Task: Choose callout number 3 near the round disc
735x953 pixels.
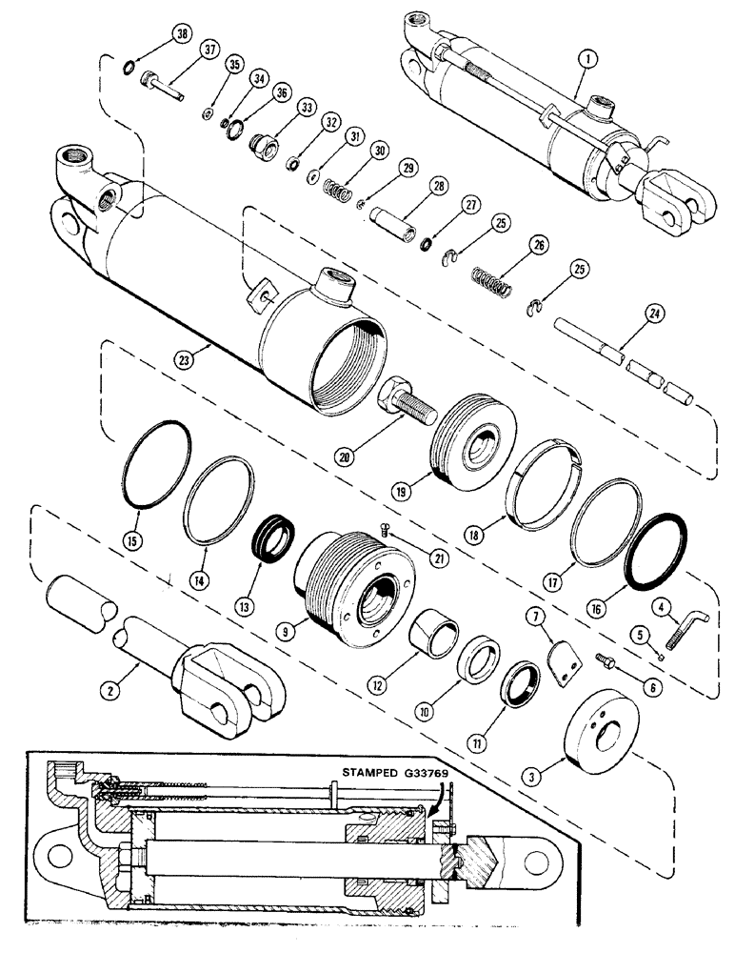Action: point(535,777)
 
